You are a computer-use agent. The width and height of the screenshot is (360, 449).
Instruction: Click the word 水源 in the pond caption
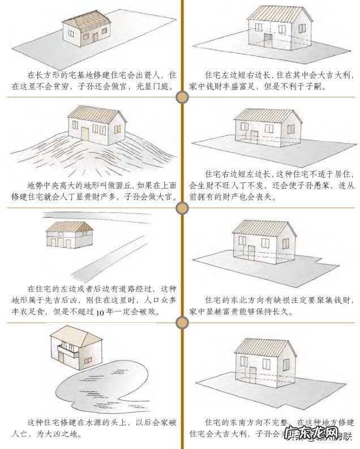click(x=99, y=422)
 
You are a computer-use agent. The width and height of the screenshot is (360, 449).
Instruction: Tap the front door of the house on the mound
click(x=85, y=134)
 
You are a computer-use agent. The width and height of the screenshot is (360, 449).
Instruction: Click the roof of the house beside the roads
click(x=69, y=228)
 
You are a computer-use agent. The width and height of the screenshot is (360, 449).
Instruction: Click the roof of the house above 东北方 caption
click(x=264, y=228)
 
